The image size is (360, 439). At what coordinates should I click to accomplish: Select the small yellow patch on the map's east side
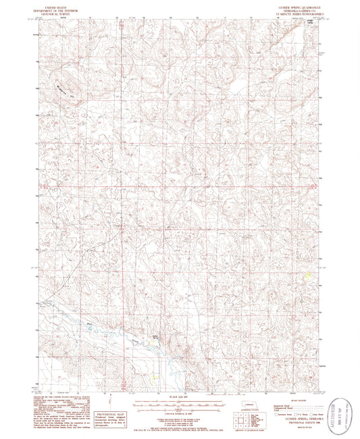click(x=309, y=275)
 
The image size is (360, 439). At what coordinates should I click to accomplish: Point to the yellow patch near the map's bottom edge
click(x=156, y=376)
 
